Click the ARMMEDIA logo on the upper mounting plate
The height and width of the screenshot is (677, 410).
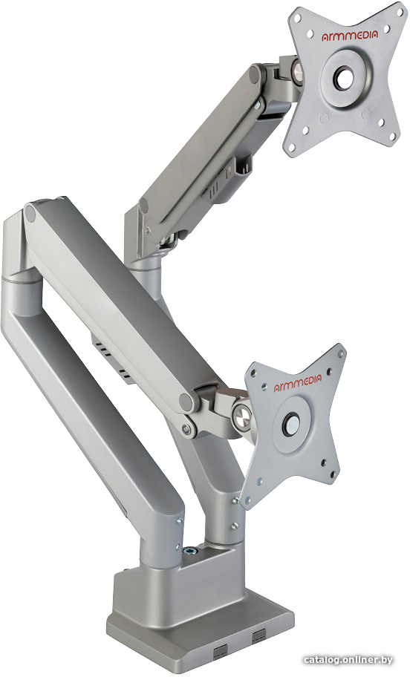(x=350, y=36)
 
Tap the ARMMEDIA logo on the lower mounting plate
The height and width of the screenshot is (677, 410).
(x=298, y=383)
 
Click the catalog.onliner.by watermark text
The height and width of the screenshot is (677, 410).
(x=348, y=660)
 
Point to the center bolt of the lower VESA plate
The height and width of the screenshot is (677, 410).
(x=290, y=421)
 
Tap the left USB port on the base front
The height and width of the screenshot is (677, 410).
(x=220, y=649)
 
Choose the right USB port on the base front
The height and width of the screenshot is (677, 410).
(x=259, y=635)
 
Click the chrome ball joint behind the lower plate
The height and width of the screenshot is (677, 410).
(x=242, y=416)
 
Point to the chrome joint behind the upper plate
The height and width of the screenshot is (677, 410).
(x=297, y=71)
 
